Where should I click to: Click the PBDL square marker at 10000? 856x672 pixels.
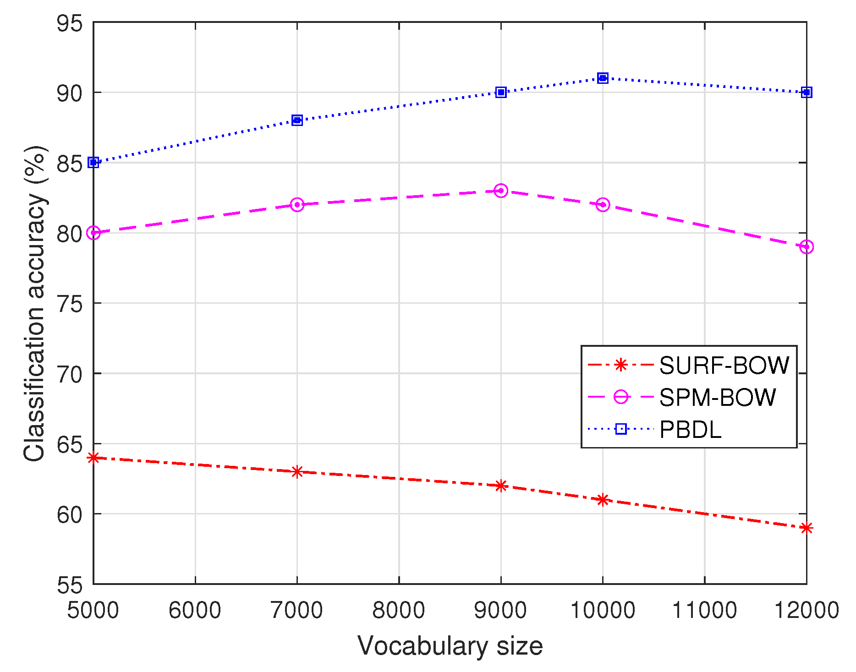pyautogui.click(x=603, y=78)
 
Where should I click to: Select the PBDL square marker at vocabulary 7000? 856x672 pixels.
pyautogui.click(x=297, y=120)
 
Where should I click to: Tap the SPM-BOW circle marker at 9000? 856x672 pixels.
pyautogui.click(x=501, y=191)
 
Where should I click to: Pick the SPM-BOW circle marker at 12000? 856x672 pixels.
pyautogui.click(x=807, y=247)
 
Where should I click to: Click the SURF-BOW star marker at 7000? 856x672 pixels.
pyautogui.click(x=297, y=471)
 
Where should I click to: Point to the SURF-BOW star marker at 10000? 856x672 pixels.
pyautogui.click(x=603, y=500)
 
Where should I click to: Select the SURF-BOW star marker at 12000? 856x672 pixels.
pyautogui.click(x=807, y=528)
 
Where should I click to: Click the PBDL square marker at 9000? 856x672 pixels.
pyautogui.click(x=501, y=93)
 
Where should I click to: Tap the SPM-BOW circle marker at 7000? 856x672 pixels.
pyautogui.click(x=297, y=205)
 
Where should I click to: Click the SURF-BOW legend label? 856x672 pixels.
pyautogui.click(x=724, y=366)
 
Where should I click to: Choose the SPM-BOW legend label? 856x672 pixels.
pyautogui.click(x=717, y=397)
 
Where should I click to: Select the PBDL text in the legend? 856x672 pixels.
pyautogui.click(x=690, y=430)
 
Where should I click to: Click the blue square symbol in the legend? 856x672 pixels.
pyautogui.click(x=620, y=429)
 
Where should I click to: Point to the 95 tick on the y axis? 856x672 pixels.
pyautogui.click(x=70, y=23)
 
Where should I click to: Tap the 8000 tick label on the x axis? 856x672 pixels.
pyautogui.click(x=399, y=610)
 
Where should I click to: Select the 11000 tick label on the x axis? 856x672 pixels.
pyautogui.click(x=704, y=610)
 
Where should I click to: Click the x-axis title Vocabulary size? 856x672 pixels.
pyautogui.click(x=450, y=646)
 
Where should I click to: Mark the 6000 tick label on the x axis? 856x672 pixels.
pyautogui.click(x=195, y=610)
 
